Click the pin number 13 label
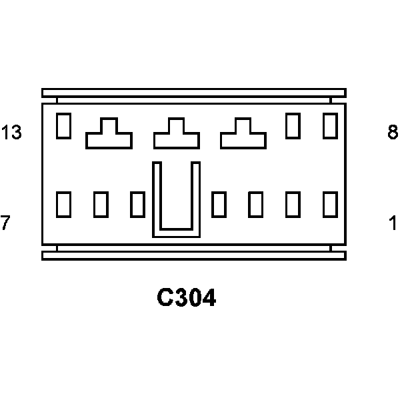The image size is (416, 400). pyautogui.click(x=11, y=133)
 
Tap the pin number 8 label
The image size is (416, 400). pyautogui.click(x=393, y=133)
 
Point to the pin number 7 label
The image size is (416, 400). pyautogui.click(x=5, y=223)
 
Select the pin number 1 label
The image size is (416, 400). pyautogui.click(x=393, y=223)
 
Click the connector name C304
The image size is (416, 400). pyautogui.click(x=187, y=298)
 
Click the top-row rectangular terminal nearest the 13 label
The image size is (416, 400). pyautogui.click(x=63, y=126)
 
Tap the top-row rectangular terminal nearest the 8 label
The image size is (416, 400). pyautogui.click(x=330, y=126)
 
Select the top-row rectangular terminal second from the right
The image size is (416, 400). pyautogui.click(x=293, y=126)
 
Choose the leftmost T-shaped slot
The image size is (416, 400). pyautogui.click(x=109, y=135)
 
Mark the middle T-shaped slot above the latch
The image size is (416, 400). pyautogui.click(x=177, y=135)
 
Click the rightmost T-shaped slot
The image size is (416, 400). pyautogui.click(x=243, y=135)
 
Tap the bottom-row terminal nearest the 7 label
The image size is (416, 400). pyautogui.click(x=63, y=204)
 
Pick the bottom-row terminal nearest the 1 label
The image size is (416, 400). pyautogui.click(x=330, y=204)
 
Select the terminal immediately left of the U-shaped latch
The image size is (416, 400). pyautogui.click(x=137, y=204)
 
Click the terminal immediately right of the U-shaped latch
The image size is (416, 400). pyautogui.click(x=219, y=204)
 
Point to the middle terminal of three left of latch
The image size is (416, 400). pyautogui.click(x=101, y=204)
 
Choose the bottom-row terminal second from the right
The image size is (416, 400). pyautogui.click(x=293, y=204)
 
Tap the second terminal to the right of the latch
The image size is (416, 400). pyautogui.click(x=255, y=204)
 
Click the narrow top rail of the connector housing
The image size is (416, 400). pyautogui.click(x=193, y=93)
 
